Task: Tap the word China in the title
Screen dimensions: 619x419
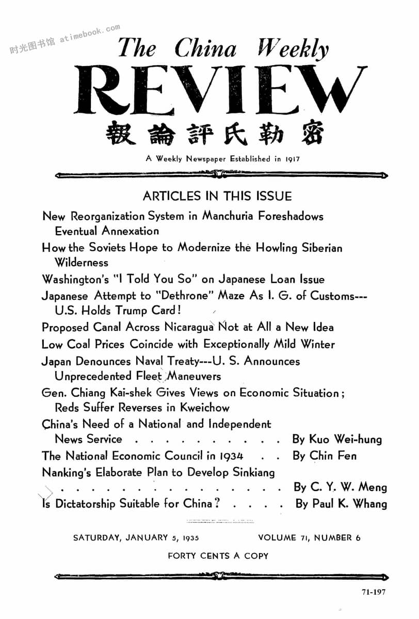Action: (205, 49)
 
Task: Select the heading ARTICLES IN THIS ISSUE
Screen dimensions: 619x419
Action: (217, 196)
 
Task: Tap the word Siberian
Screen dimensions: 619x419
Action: (320, 248)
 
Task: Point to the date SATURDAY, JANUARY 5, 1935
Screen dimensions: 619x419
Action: (136, 537)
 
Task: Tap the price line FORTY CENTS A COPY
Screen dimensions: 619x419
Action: (218, 556)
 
